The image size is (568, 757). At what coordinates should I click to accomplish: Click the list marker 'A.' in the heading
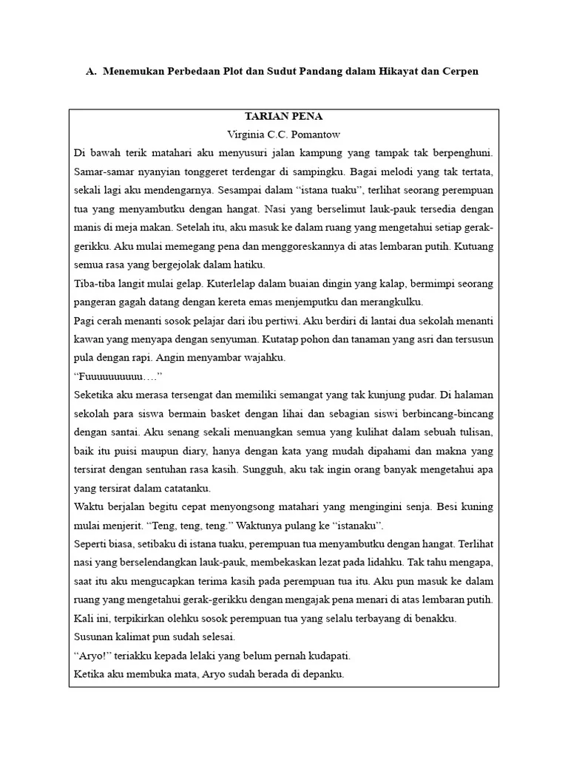92,72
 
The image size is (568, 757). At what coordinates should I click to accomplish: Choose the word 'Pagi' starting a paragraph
85,321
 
